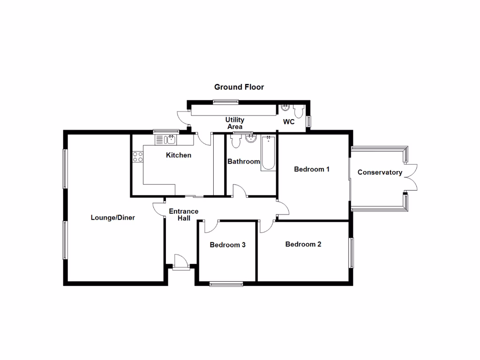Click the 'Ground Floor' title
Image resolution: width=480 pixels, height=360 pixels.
(239, 87)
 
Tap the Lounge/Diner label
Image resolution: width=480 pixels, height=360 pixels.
(112, 217)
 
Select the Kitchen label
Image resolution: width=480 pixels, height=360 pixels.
(179, 155)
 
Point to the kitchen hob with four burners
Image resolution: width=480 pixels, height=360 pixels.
(137, 157)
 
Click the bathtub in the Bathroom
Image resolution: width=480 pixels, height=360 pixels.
(268, 153)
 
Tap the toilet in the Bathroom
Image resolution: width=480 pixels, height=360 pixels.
(235, 140)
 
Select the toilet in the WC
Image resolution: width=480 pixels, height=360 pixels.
(299, 111)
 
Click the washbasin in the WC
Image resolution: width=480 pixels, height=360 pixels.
(285, 109)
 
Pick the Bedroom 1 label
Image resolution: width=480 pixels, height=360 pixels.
(312, 169)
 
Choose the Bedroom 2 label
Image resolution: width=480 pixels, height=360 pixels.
(303, 244)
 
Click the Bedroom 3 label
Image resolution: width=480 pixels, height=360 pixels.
(227, 245)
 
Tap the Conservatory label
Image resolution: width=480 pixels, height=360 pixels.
(380, 172)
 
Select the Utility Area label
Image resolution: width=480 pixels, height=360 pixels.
(235, 123)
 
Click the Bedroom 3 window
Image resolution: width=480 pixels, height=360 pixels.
(226, 283)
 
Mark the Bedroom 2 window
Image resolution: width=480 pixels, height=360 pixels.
(351, 253)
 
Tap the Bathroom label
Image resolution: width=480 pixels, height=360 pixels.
(244, 162)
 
